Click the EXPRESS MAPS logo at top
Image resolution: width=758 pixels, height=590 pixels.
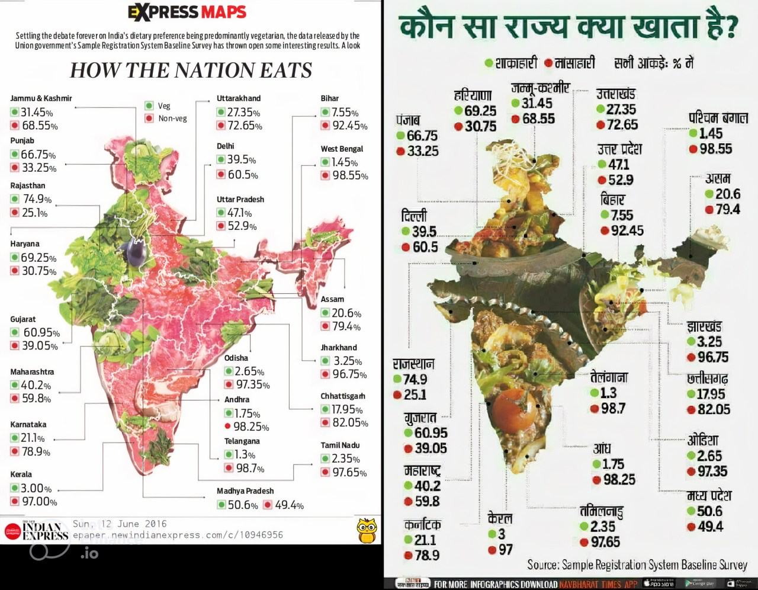pyautogui.click(x=187, y=12)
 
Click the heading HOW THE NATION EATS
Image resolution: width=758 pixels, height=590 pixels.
pyautogui.click(x=191, y=70)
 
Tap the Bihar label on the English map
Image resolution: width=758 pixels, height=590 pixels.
pyautogui.click(x=330, y=98)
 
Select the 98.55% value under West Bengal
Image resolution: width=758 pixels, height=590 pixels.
pyautogui.click(x=349, y=175)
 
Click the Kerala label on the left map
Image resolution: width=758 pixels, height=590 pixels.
pyautogui.click(x=21, y=474)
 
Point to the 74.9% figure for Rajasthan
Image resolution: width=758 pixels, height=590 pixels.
pyautogui.click(x=37, y=199)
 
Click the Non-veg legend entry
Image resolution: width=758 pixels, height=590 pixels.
pyautogui.click(x=172, y=118)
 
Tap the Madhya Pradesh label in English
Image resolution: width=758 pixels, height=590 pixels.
pyautogui.click(x=245, y=491)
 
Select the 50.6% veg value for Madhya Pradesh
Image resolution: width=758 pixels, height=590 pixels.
pyautogui.click(x=243, y=505)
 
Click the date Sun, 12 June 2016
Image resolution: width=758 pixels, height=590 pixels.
pyautogui.click(x=120, y=524)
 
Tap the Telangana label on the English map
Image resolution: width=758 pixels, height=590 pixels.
pyautogui.click(x=242, y=441)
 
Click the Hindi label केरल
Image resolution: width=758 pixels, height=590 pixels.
pyautogui.click(x=500, y=518)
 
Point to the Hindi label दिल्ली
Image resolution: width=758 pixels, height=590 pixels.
pyautogui.click(x=413, y=216)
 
